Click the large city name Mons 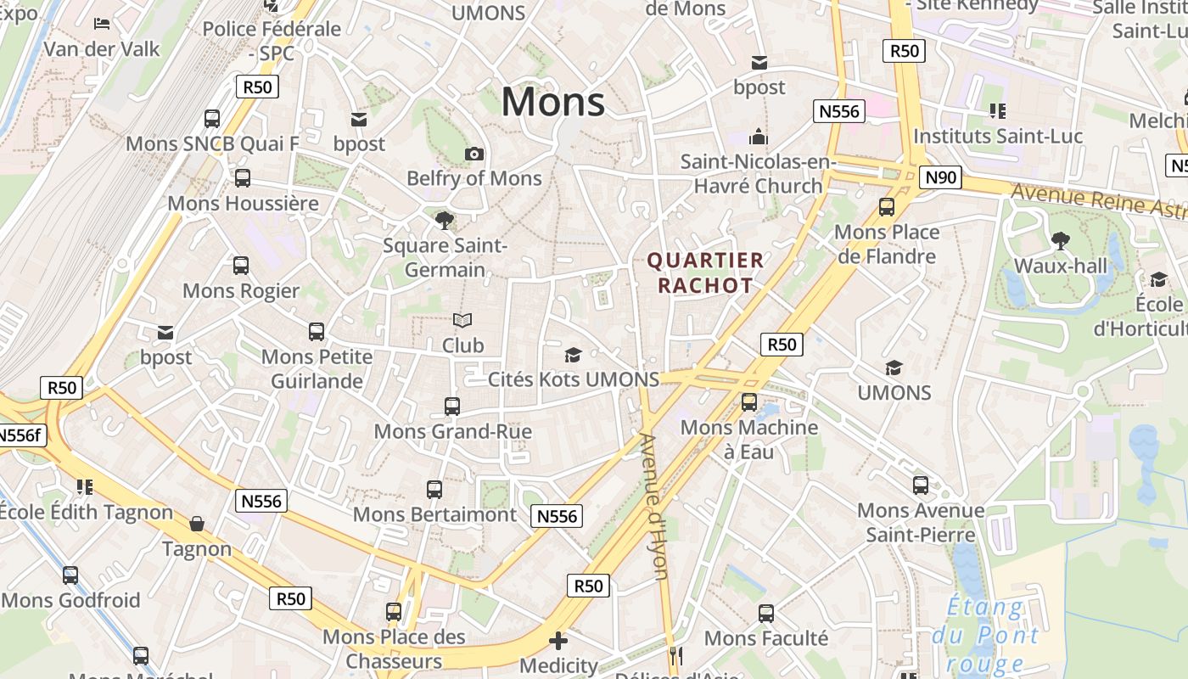553,102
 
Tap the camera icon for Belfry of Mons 474,154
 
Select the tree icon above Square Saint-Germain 444,221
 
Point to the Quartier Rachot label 705,272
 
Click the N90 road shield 940,177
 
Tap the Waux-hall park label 1061,266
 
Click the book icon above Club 462,321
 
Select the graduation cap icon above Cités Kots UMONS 574,355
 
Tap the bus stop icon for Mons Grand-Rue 452,407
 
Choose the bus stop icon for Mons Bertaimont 434,490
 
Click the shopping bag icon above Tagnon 197,524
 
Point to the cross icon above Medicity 558,641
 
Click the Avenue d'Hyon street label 654,506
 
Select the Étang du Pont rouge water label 984,634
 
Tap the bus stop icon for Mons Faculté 766,613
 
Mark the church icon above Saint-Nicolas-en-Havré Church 758,137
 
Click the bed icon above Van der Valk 102,24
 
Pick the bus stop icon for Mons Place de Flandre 887,206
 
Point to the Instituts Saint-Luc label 998,136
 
